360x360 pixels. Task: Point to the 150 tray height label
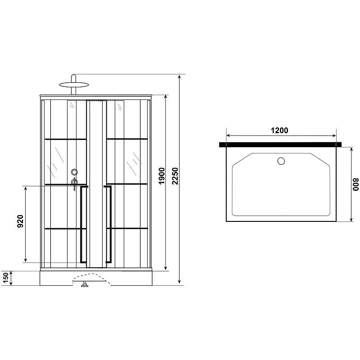pyautogui.click(x=6, y=278)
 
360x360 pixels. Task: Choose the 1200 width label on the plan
pyautogui.click(x=279, y=130)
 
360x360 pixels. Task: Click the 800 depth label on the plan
pyautogui.click(x=356, y=184)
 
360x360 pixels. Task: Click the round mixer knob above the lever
pyautogui.click(x=74, y=172)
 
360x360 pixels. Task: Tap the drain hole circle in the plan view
pyautogui.click(x=281, y=161)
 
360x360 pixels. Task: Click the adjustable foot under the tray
pyautogui.click(x=84, y=284)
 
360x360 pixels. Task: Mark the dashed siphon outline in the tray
pyautogui.click(x=92, y=277)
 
